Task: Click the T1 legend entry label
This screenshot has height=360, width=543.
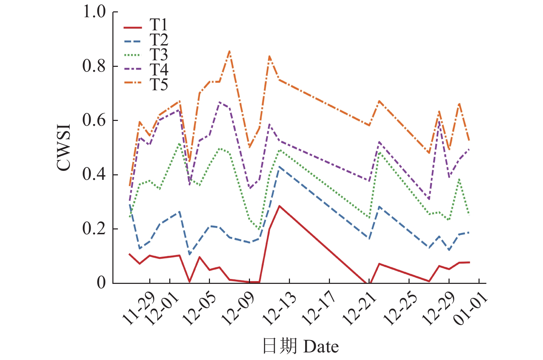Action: click(159, 25)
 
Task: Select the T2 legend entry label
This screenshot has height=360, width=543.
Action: click(159, 40)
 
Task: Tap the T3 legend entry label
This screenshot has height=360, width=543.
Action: click(159, 55)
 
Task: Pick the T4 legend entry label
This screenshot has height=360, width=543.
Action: click(159, 70)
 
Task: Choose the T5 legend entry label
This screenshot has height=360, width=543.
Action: click(159, 85)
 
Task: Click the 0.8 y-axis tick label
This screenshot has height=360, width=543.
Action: click(94, 66)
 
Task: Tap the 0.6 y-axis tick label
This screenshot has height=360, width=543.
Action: click(94, 121)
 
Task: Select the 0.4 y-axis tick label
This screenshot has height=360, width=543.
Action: click(94, 175)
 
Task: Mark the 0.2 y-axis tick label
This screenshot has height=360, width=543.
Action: click(94, 229)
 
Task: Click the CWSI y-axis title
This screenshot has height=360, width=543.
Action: click(64, 147)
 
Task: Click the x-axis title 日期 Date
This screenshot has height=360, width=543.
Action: click(300, 346)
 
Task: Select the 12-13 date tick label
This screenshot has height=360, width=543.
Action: click(279, 309)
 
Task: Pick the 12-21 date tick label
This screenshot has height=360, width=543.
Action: click(359, 309)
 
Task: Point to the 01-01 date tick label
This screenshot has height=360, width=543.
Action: click(470, 309)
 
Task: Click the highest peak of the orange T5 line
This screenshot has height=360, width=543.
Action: click(230, 51)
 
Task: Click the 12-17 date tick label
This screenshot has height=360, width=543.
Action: click(319, 309)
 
